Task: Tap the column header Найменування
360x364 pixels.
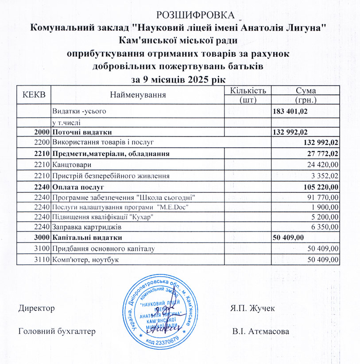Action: [138, 94]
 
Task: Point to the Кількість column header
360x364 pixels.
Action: [248, 90]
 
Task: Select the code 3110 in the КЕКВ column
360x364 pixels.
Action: [43, 259]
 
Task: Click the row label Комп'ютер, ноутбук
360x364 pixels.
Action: [85, 259]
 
